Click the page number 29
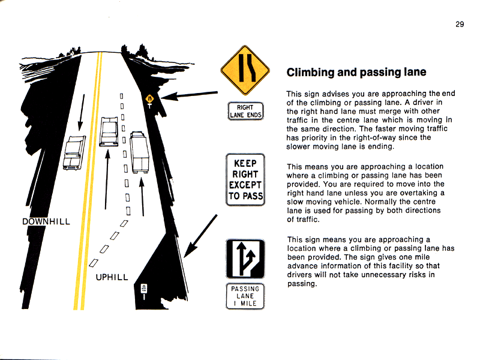460,25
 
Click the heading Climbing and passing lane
356,73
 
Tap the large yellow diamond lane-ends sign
245,70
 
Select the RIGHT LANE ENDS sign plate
245,111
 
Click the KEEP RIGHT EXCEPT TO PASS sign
245,179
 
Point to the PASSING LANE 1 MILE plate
245,296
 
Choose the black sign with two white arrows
245,259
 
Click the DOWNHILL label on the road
46,222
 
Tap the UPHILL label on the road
112,277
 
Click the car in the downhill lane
74,153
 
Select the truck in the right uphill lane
139,152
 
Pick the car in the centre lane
109,131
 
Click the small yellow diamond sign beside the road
150,99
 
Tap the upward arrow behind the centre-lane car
106,179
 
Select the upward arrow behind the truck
142,197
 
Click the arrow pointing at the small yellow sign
189,95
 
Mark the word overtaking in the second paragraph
418,193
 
